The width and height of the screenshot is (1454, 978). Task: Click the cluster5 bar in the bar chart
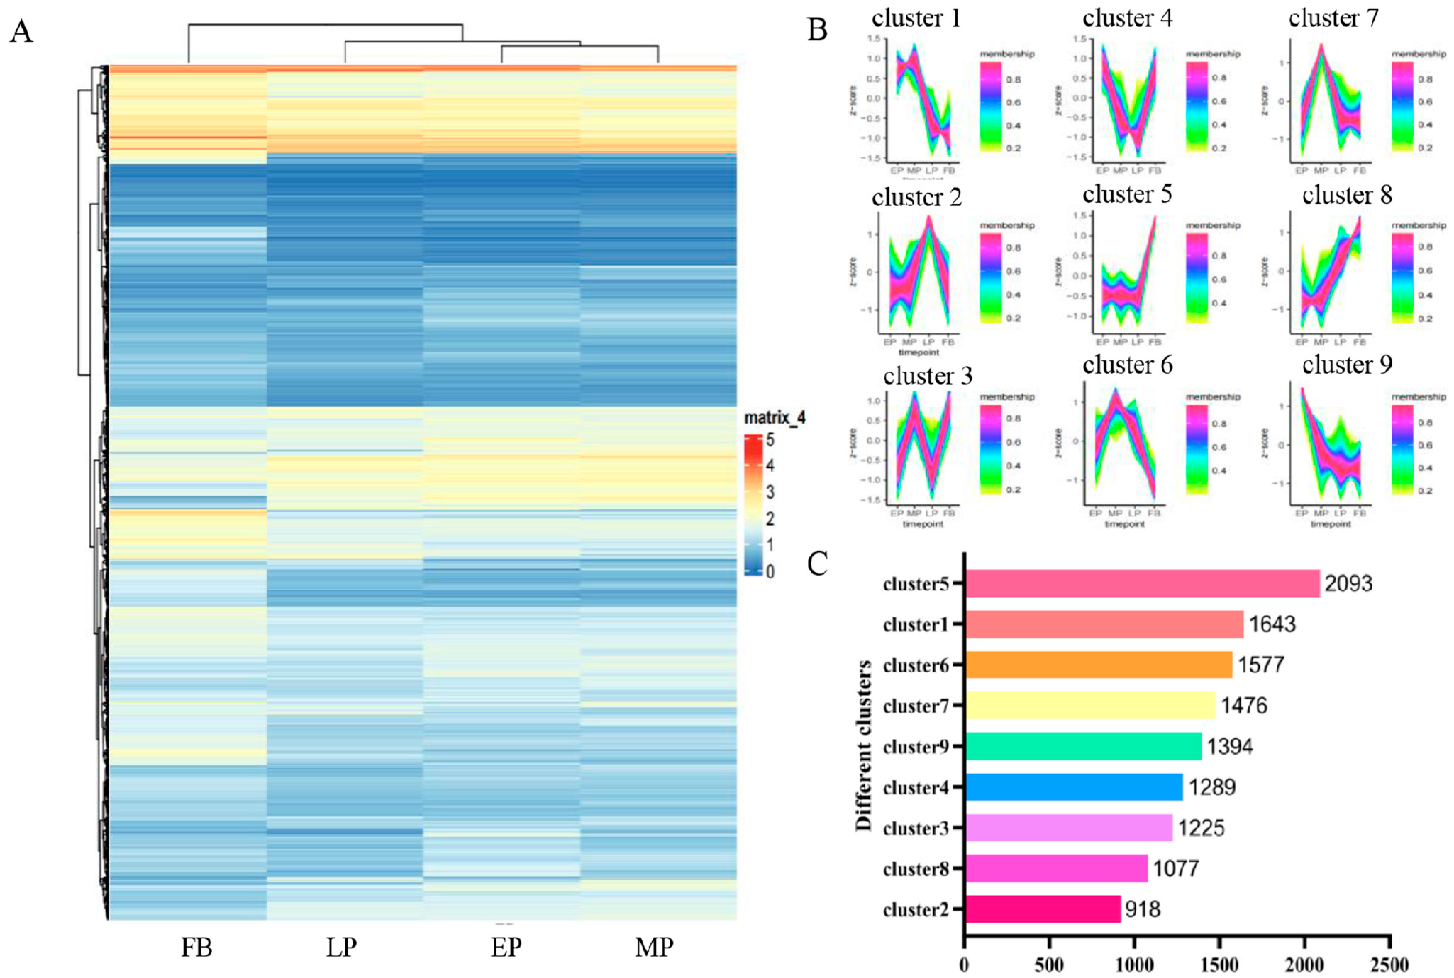[x=1142, y=583]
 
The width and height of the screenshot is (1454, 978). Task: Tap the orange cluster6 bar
[x=1098, y=665]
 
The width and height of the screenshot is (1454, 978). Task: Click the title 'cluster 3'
[x=927, y=376]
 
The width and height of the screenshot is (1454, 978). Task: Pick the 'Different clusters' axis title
[x=864, y=745]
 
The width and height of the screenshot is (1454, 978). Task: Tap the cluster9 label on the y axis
[x=915, y=746]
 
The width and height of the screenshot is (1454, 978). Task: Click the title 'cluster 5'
[x=1127, y=195]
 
